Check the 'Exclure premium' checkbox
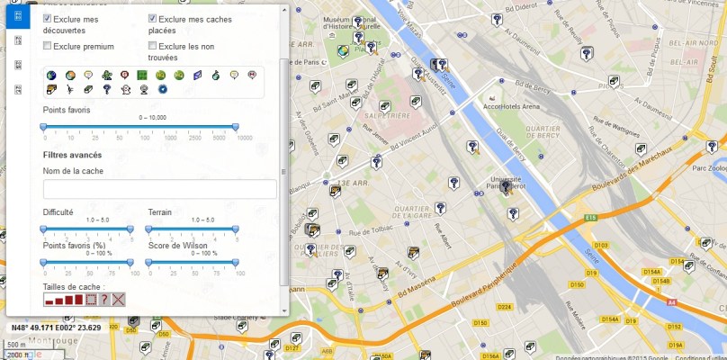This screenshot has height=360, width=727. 47,45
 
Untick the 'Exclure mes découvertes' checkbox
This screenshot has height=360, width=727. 47,19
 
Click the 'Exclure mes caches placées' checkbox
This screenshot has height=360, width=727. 153,19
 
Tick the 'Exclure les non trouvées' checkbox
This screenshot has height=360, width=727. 153,45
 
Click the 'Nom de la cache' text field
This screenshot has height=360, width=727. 159,189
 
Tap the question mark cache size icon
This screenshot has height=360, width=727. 104,299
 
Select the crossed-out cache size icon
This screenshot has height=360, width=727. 118,299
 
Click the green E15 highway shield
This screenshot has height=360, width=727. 590,218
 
